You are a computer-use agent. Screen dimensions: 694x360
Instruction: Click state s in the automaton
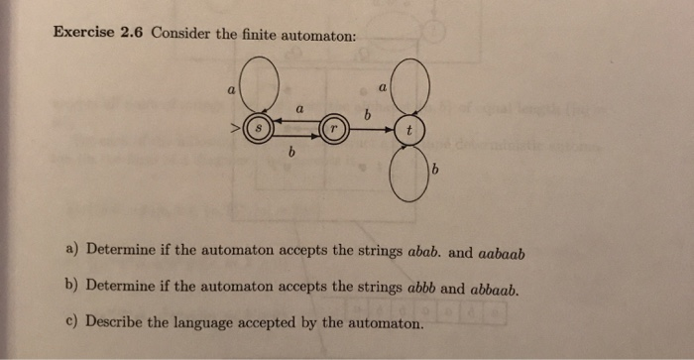point(259,129)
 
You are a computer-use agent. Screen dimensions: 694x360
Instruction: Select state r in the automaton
point(334,130)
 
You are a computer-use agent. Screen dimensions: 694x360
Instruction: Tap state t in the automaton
point(410,130)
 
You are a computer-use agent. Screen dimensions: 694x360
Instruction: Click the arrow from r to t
point(373,130)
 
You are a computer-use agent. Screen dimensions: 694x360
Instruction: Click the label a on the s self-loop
point(231,89)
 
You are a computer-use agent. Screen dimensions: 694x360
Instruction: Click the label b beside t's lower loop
point(434,175)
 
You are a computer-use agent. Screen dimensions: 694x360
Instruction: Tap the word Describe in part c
point(116,322)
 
